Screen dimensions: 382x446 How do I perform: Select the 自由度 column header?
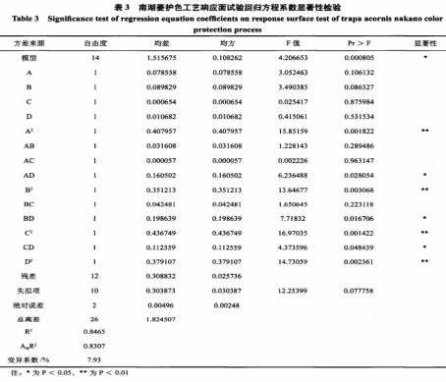pyautogui.click(x=95, y=45)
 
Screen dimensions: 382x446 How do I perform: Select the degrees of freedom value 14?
pyautogui.click(x=95, y=59)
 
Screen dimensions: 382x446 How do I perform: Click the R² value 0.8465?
pyautogui.click(x=95, y=334)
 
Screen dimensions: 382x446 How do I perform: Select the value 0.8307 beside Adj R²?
pyautogui.click(x=95, y=347)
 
